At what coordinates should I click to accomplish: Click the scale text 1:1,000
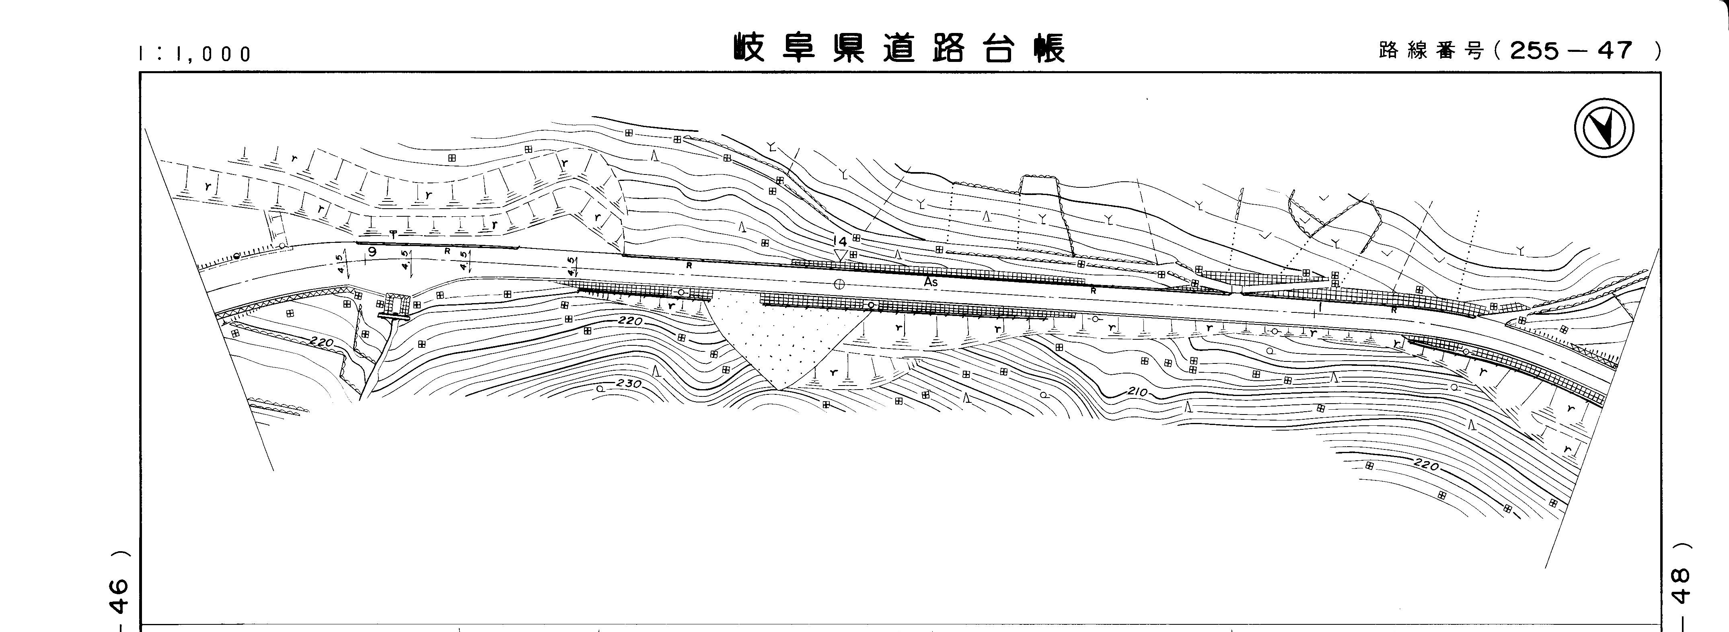click(195, 54)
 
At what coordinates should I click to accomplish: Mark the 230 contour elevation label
click(629, 384)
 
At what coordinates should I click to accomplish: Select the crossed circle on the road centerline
click(838, 284)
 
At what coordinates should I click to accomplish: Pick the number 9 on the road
click(372, 252)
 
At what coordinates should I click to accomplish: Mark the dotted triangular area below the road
click(782, 342)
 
